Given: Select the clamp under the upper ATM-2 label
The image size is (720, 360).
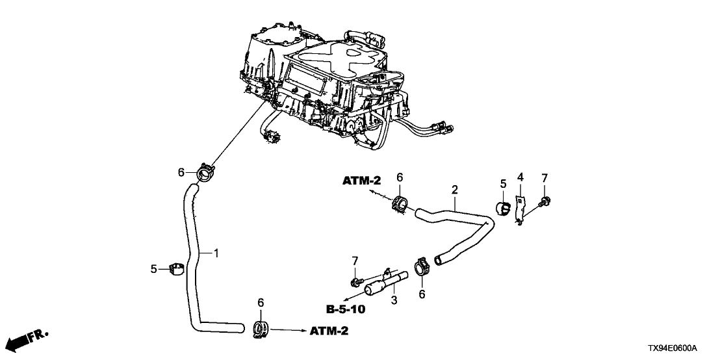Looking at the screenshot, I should [x=400, y=203].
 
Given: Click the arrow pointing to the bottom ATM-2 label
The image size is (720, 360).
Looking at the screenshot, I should [x=286, y=331].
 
